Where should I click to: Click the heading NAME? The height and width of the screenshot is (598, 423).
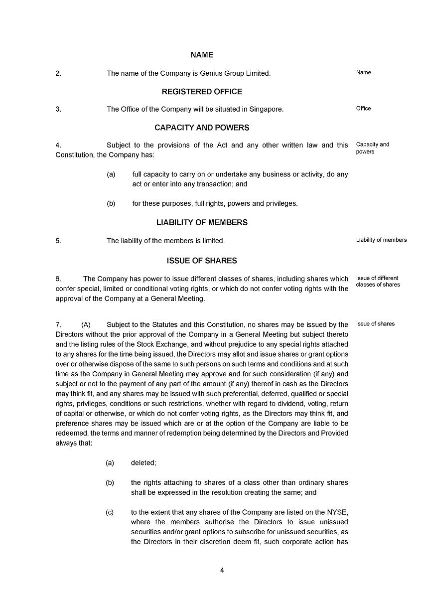coord(202,55)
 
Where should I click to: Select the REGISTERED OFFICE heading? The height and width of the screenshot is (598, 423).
coord(202,92)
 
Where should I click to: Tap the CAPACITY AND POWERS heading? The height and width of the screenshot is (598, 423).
coord(202,128)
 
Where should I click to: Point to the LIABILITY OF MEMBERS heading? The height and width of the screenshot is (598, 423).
coord(202,223)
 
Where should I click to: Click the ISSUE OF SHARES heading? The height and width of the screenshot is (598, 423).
coord(202,261)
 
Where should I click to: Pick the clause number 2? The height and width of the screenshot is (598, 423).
coord(58,73)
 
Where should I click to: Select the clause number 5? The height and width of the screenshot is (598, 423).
coord(58,241)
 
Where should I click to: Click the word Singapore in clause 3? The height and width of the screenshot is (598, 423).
coord(267,109)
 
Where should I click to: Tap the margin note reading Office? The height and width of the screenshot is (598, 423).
coord(363,108)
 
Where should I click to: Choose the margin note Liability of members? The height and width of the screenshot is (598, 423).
coord(381,240)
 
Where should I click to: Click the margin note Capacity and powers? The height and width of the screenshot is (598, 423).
coord(372,148)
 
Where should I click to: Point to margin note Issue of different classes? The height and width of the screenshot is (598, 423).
coord(378,281)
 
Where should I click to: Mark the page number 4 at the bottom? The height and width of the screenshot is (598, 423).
coord(222,571)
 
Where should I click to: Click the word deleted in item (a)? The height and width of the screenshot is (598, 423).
coord(143,463)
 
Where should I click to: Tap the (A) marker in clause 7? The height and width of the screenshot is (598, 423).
coord(86,325)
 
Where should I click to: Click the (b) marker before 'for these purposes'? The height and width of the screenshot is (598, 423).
coord(111,203)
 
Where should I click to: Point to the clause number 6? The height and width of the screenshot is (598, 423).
coord(58,279)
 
